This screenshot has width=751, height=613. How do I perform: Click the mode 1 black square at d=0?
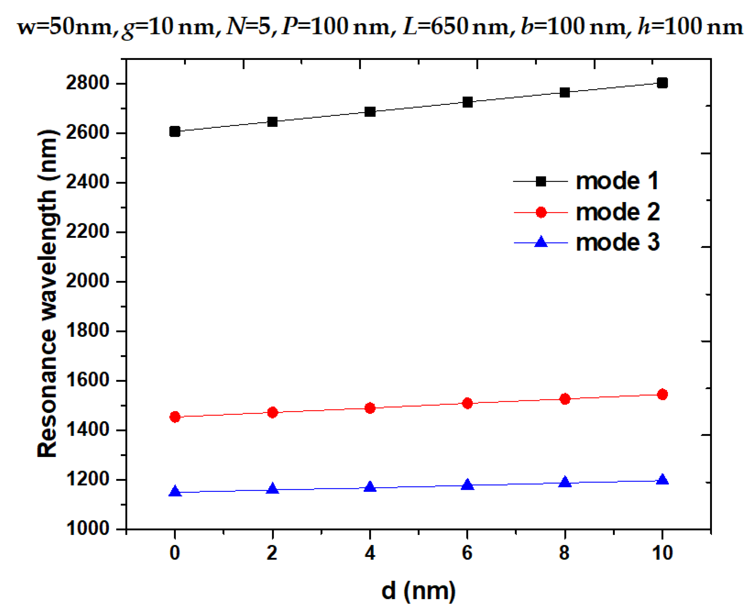175,132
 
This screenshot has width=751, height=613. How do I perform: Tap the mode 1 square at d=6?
467,102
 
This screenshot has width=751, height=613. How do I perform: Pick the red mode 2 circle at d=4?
370,408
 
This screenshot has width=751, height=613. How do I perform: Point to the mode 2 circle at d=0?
175,417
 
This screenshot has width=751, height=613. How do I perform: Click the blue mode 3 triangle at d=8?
565,482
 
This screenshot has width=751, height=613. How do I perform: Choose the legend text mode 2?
618,212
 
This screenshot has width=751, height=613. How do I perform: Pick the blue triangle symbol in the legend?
541,242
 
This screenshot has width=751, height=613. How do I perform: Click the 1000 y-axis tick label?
88,529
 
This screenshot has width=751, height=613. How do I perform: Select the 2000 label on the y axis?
88,281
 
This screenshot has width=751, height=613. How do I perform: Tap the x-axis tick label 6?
467,553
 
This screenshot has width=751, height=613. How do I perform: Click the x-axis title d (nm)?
418,591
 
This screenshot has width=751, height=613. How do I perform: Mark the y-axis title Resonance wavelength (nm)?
47,294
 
